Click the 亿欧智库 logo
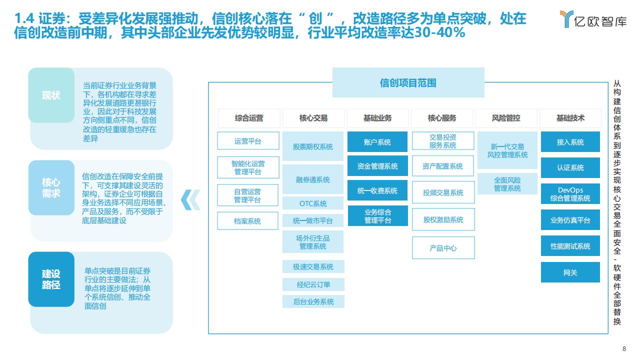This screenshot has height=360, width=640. coord(593,19)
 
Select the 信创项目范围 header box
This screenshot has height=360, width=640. coord(408,82)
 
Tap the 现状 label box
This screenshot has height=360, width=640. coord(51,95)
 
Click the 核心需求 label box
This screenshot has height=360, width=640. coord(51,187)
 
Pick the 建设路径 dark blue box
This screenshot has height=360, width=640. coord(51,279)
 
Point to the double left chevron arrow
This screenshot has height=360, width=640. coord(190,199)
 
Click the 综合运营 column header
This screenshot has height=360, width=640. coord(249,118)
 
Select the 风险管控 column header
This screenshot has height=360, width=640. coord(506,118)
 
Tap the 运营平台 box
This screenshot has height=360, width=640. coord(248,140)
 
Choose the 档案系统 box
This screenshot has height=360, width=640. coord(247,220)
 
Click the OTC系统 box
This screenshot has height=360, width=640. coord(313,203)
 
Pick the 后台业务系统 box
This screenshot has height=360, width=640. coord(313,301)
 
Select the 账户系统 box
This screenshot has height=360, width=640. coord(377,141)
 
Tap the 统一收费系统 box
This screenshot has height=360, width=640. coord(377,190)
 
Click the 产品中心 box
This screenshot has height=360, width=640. coord(443,247)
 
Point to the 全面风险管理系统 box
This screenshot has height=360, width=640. coord(507,183)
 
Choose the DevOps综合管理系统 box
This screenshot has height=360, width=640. coord(570,193)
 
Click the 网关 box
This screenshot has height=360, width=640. coord(570,272)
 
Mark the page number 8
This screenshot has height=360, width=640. coord(624,349)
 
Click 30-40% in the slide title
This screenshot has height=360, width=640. coord(439,33)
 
